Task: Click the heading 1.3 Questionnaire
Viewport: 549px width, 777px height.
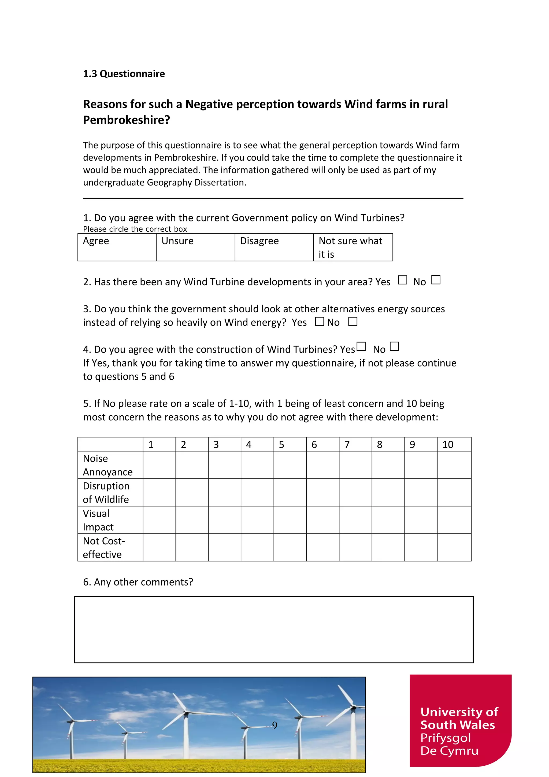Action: coord(124,74)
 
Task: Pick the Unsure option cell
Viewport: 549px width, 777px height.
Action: coord(195,247)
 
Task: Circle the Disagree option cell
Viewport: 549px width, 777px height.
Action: coord(274,247)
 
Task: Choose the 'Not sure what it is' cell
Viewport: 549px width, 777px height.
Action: coord(353,247)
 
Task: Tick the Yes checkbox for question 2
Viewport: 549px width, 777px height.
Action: coord(402,280)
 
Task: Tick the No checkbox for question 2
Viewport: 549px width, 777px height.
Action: coord(436,280)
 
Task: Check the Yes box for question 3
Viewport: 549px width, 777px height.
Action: coord(319,321)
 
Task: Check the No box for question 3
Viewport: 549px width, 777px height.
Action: coord(353,321)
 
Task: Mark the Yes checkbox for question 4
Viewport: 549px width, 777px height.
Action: coord(361,346)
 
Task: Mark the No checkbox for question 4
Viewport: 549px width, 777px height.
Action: coord(394,346)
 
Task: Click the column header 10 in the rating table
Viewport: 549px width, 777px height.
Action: coord(454,444)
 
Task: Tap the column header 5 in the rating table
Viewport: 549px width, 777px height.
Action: coord(290,444)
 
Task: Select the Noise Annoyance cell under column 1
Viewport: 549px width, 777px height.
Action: coord(159,465)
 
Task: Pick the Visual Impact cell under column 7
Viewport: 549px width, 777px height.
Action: coord(355,520)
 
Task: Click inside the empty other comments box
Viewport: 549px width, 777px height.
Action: coord(274,630)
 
